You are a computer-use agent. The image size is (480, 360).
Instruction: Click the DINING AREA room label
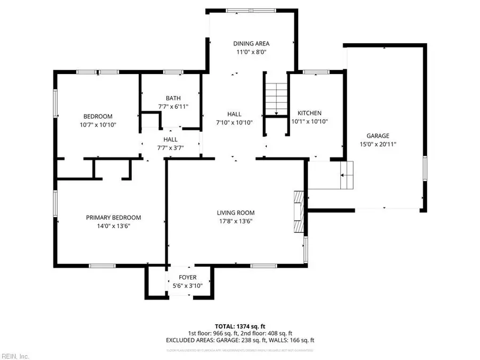coord(251,43)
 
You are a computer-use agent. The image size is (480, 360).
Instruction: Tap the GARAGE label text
coord(378,135)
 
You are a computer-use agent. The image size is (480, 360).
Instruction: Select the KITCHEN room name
coord(309,113)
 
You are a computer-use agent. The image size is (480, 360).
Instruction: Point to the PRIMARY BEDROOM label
coord(114,217)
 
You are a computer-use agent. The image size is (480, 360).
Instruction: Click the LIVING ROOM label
coord(235,212)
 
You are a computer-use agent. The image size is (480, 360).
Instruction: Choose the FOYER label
coord(188,277)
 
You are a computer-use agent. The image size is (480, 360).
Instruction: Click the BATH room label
coord(173,98)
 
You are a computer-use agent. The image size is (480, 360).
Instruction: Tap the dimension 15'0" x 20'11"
coord(378,144)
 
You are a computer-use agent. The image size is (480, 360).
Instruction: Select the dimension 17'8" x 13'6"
coord(235,221)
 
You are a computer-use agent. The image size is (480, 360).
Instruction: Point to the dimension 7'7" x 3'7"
coord(171,148)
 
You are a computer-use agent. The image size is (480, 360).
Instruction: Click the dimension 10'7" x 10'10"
coord(98,125)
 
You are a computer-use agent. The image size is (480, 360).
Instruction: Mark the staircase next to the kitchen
coord(276,99)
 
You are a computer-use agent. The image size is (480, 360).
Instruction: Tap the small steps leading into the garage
coord(347,175)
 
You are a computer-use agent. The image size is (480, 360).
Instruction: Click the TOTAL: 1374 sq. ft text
coord(239,326)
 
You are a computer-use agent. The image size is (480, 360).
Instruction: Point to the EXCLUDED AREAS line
coord(239,340)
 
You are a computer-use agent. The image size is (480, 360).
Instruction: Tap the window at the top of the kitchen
coord(316,71)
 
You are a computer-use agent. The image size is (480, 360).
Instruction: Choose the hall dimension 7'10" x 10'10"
coord(234,122)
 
